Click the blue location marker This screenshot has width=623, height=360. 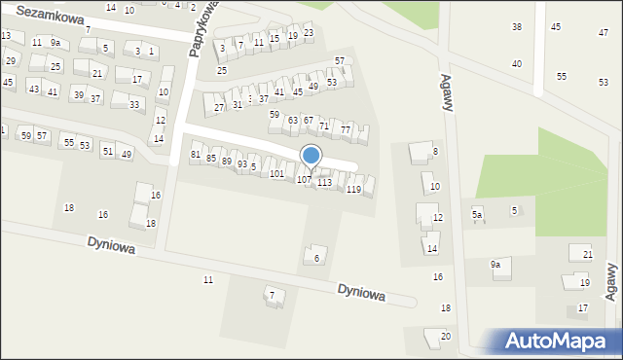point(311,156)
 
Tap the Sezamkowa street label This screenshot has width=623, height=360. point(50,18)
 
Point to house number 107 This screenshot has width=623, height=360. point(304,180)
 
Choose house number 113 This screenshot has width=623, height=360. point(324,183)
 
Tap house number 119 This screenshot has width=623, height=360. point(353,189)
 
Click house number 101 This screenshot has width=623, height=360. point(277,174)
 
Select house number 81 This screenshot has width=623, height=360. point(196,155)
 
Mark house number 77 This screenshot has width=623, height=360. point(345,130)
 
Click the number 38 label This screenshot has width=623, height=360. point(517,26)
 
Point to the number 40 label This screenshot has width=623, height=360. point(517,63)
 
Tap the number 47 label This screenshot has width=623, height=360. point(603,33)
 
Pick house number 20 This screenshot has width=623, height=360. point(445,337)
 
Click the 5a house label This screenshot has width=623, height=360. point(477,214)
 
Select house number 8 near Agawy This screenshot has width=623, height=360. point(435,152)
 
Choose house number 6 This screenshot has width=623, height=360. point(316,258)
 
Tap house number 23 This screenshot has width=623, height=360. point(309,33)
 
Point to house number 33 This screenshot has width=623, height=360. point(134,104)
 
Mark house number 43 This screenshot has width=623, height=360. point(34,90)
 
